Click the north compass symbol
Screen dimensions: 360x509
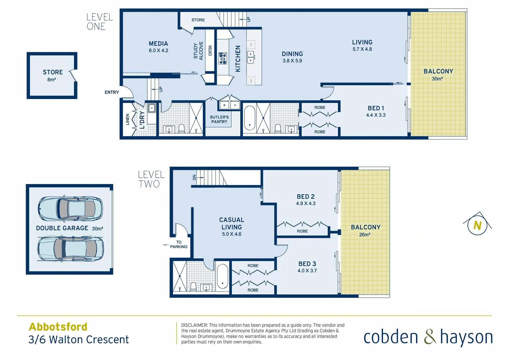click(x=477, y=225)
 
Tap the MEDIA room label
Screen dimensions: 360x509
click(x=158, y=44)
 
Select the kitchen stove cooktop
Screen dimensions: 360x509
click(x=223, y=58)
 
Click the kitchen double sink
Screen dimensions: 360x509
click(x=251, y=57)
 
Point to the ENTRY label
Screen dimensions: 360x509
click(x=112, y=92)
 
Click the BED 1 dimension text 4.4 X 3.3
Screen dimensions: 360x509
click(x=376, y=115)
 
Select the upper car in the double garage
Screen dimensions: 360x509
click(x=70, y=208)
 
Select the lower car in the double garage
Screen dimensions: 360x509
click(x=70, y=249)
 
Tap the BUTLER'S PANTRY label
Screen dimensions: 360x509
click(x=219, y=119)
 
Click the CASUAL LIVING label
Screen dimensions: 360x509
click(x=232, y=223)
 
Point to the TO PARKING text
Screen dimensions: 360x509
click(x=179, y=244)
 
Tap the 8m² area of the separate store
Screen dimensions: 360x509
click(x=52, y=80)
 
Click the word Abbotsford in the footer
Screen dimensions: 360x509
click(x=58, y=327)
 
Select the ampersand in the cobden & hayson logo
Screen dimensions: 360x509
click(x=430, y=337)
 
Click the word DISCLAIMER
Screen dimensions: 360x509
click(x=194, y=325)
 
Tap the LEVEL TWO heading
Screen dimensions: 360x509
click(x=151, y=179)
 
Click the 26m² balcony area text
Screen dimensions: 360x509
click(x=364, y=235)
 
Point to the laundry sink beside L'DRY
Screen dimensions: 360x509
click(x=152, y=108)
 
